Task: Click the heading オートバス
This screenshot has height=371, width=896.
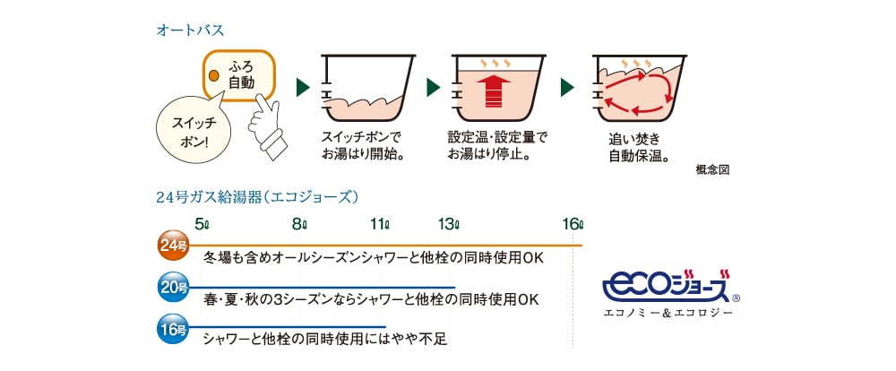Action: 190,30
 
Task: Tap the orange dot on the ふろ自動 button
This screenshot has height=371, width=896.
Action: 214,75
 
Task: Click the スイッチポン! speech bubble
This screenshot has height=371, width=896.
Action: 194,129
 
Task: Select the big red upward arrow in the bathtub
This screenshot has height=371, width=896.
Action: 493,91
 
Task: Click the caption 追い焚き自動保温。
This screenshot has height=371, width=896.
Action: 638,147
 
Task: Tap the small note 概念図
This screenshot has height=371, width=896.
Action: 712,169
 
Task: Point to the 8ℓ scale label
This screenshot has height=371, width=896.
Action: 299,224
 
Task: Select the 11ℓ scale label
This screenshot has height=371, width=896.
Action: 379,224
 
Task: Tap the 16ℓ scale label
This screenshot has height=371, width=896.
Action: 573,224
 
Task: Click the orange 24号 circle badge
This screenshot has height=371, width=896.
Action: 173,246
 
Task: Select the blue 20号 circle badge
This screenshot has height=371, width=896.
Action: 173,288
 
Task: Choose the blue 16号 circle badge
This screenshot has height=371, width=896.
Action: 173,329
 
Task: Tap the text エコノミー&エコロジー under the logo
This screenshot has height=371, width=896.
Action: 668,313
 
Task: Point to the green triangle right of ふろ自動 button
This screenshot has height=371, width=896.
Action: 303,88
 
